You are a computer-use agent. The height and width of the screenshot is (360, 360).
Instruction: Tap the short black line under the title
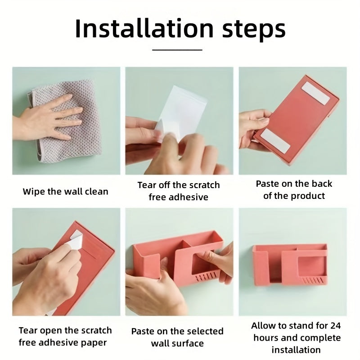(180, 49)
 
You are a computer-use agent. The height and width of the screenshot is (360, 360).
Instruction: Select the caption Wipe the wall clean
(66, 191)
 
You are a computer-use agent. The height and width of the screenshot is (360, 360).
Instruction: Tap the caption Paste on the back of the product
(294, 189)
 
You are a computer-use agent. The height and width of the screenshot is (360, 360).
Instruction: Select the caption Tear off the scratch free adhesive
(179, 191)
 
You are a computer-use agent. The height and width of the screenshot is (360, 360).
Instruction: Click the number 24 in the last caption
(335, 325)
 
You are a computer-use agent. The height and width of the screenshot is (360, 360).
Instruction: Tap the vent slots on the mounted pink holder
(313, 280)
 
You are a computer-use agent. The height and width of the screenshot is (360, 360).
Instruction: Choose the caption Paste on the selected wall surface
(177, 337)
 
